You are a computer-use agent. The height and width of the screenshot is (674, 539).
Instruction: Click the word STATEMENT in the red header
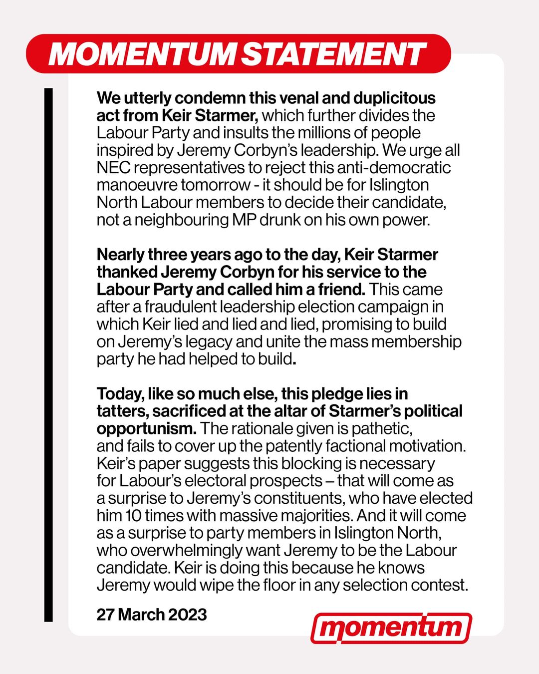(333, 54)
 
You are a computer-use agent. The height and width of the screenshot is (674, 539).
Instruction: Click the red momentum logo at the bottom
(391, 628)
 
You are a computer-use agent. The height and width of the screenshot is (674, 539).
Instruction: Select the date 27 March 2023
(152, 614)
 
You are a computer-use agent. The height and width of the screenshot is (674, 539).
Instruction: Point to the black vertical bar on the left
(48, 354)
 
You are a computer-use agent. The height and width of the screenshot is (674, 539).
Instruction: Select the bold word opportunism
(145, 428)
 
